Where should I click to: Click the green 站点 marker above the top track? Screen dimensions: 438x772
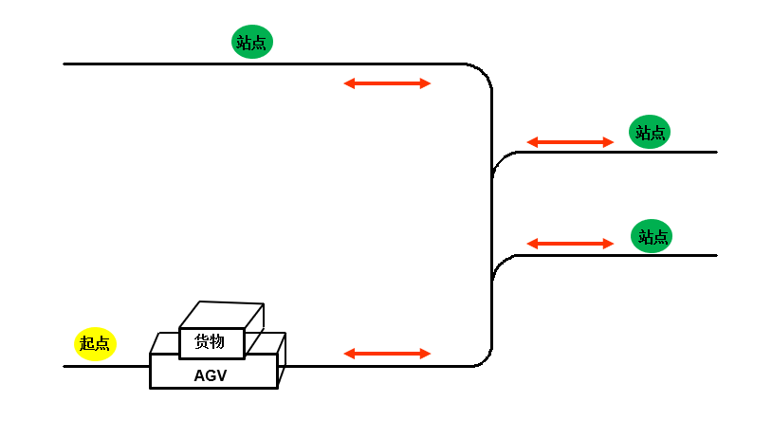click(x=252, y=42)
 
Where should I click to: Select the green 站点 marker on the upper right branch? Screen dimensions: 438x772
click(x=650, y=132)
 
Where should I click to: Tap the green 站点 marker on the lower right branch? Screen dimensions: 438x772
click(x=652, y=236)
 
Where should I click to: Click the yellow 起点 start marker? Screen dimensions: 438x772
click(x=95, y=343)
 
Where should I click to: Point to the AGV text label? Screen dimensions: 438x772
click(x=211, y=375)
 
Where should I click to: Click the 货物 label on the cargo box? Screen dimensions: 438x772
click(x=210, y=342)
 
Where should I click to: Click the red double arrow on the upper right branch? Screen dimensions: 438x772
click(x=570, y=142)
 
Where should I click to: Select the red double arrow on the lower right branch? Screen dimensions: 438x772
click(x=570, y=244)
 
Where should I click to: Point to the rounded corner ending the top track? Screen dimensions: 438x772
click(x=483, y=73)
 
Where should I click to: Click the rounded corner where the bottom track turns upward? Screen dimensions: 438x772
click(x=483, y=356)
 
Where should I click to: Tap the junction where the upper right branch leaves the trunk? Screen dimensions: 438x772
click(x=498, y=163)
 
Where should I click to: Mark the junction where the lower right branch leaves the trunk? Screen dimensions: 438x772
click(x=498, y=266)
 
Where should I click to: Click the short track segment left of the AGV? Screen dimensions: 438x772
click(x=106, y=366)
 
